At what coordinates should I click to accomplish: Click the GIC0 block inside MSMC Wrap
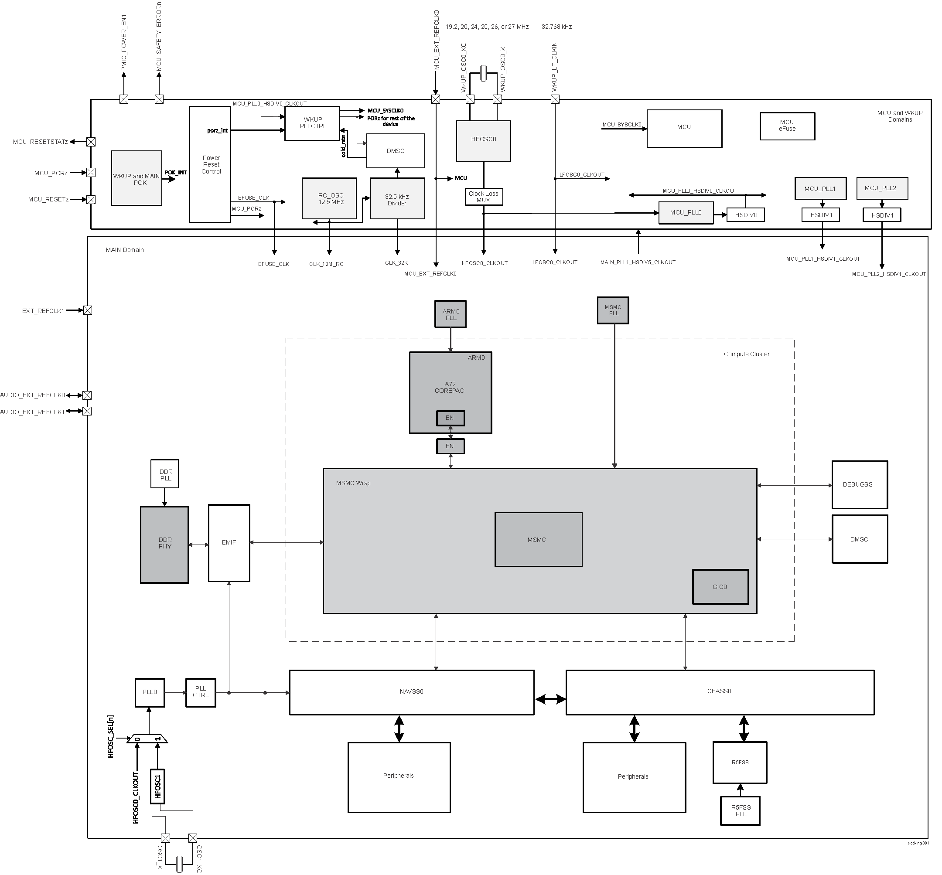720,587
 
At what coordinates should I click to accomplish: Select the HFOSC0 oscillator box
483,141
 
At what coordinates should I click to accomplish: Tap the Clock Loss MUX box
484,197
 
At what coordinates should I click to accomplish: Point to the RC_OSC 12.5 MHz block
329,198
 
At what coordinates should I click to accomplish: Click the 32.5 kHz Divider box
397,198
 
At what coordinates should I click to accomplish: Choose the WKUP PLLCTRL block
312,123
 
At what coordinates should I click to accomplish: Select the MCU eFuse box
787,126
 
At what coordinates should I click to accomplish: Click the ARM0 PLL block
451,314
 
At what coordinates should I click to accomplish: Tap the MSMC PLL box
613,310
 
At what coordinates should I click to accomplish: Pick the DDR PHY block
164,545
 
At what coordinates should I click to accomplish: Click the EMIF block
229,543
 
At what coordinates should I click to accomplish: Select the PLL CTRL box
200,693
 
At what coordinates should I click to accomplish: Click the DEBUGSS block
859,484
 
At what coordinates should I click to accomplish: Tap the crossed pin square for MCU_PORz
91,172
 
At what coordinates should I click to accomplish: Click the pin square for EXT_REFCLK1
88,310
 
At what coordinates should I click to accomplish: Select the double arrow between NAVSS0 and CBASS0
550,698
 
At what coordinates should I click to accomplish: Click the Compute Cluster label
746,354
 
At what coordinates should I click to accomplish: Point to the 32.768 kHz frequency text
556,27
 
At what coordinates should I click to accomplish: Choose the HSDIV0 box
745,215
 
